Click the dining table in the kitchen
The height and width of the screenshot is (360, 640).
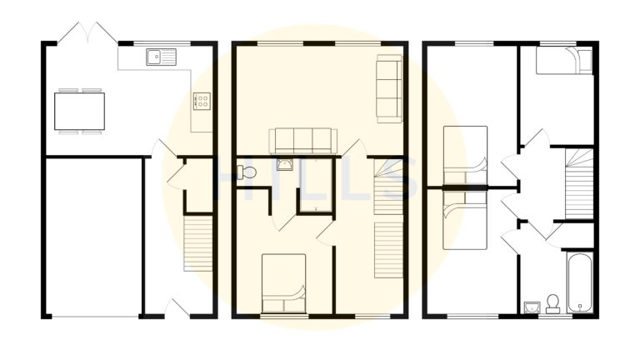click(x=80, y=110)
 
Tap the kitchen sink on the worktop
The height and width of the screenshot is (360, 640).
click(x=159, y=57)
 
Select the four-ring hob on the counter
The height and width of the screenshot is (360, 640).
click(x=201, y=101)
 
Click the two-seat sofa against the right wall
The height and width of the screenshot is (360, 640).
click(x=388, y=87)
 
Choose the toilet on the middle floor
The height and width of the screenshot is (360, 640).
click(x=247, y=172)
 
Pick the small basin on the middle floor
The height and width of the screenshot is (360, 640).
click(x=284, y=164)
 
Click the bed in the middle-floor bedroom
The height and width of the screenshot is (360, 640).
click(x=283, y=283)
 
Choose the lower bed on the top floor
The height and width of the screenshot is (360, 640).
click(x=464, y=218)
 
